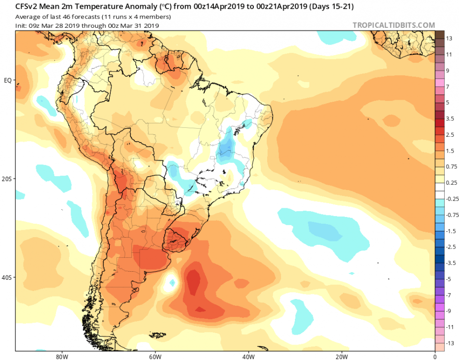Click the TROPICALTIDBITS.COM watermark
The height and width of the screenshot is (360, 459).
click(394, 25)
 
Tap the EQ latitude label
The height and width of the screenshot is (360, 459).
click(8, 80)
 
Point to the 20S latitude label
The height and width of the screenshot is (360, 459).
click(7, 179)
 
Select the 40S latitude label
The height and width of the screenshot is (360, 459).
click(7, 277)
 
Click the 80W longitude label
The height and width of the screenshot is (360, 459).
click(60, 356)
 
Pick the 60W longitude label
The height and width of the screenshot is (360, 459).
click(154, 356)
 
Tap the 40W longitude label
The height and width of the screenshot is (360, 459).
click(248, 356)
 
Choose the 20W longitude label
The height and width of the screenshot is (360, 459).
click(341, 356)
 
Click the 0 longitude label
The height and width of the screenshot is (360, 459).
click(435, 356)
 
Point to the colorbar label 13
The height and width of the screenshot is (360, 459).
click(449, 38)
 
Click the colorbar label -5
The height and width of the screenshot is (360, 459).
click(449, 279)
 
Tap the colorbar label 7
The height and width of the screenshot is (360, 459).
click(448, 86)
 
